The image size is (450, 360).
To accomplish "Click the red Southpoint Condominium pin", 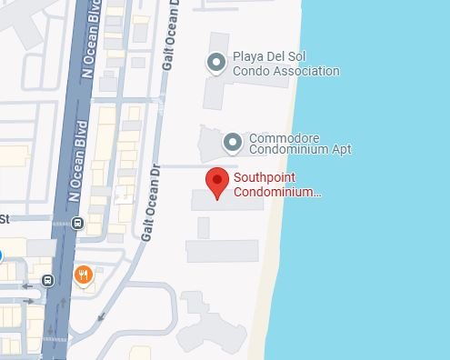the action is click(216, 181).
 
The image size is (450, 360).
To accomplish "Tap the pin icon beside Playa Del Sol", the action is click(216, 63).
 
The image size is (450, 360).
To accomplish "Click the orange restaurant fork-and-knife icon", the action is click(84, 275).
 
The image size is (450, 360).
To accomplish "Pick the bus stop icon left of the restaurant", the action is click(48, 281).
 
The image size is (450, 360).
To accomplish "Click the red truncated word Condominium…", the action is click(277, 192).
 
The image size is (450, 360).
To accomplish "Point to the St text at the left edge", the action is click(4, 218).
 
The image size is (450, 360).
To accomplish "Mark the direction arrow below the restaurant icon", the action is click(100, 317).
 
